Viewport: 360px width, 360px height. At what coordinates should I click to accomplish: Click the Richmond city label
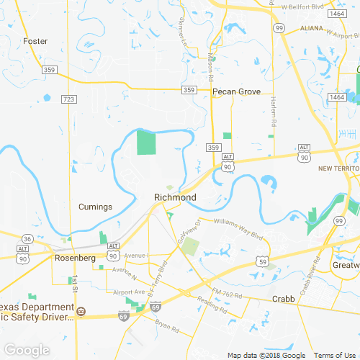click(175, 197)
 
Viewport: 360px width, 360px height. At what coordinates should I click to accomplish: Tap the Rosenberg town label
click(75, 258)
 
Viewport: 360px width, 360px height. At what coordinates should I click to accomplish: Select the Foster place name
click(35, 41)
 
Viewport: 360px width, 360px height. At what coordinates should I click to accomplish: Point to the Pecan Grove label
click(236, 91)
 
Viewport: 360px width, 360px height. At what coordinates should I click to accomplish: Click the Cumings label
click(95, 207)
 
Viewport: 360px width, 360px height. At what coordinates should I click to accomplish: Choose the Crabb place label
click(284, 298)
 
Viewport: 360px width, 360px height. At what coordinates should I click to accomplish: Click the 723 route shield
click(68, 99)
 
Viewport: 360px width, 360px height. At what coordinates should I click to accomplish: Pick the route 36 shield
click(27, 238)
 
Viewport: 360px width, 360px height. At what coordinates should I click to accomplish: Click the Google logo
click(27, 350)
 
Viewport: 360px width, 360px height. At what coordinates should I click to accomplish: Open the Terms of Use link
click(333, 355)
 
